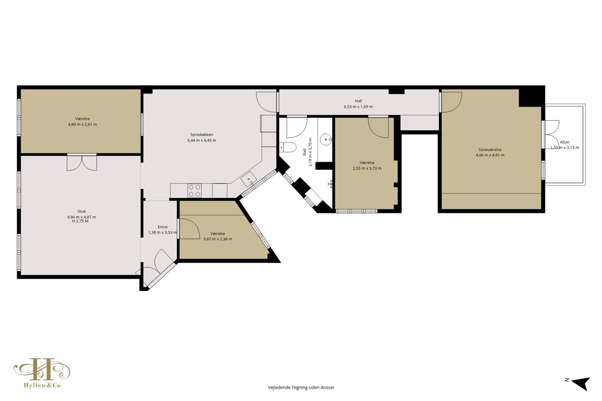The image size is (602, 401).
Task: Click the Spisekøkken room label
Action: [x=202, y=134]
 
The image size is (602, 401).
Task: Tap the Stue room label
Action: [x=81, y=212]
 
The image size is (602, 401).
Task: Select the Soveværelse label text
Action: [x=490, y=149]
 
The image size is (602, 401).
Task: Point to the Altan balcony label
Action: [x=565, y=142]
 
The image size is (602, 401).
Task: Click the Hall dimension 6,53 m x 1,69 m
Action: [x=358, y=107]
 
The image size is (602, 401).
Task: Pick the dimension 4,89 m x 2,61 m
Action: [x=82, y=124]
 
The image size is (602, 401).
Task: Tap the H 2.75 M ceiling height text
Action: [x=80, y=221]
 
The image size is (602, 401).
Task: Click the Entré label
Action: [x=163, y=227]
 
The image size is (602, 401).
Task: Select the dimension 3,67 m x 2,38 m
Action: [x=218, y=239]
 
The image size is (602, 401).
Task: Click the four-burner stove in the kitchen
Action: [x=195, y=190]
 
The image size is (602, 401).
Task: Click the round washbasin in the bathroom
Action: [x=326, y=139]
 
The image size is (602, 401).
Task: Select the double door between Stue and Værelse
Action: [x=82, y=162]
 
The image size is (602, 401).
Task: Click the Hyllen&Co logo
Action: [x=42, y=373]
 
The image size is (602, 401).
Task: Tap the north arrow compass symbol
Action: [x=581, y=383]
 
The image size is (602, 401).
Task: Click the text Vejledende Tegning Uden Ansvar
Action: [x=301, y=387]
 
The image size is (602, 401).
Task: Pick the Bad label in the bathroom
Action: [x=305, y=152]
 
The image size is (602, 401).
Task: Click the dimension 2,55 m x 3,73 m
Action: [x=367, y=168]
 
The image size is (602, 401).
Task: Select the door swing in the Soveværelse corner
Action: [x=452, y=102]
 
